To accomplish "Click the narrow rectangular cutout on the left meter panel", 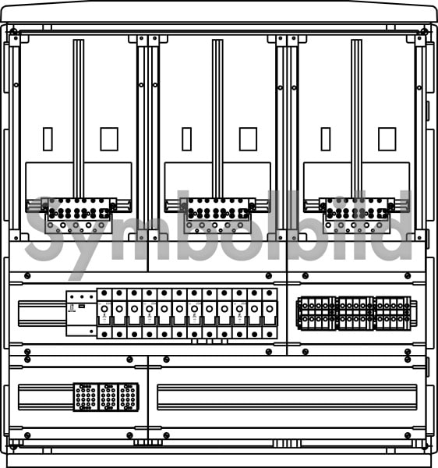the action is tap(48, 139).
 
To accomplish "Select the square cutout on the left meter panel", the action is tap(109, 139).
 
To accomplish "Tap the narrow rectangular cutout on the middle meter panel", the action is tap(186, 139).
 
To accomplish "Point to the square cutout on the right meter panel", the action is tap(387, 139).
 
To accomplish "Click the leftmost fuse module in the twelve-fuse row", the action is tap(104, 314).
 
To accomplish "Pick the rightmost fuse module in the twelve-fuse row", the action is tap(270, 314).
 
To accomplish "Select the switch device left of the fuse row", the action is tap(81, 314).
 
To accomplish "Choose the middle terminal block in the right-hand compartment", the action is tap(355, 314).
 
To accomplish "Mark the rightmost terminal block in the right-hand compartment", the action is tap(393, 314).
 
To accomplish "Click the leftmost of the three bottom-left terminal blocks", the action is tap(86, 397).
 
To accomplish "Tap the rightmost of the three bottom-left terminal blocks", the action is tap(129, 397).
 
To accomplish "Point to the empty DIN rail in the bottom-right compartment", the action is tap(287, 397).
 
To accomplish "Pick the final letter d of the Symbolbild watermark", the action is tap(394, 225).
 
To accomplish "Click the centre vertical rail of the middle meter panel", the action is tap(217, 119).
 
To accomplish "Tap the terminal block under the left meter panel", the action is tap(78, 215).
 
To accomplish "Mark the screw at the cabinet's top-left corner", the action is tap(12, 31).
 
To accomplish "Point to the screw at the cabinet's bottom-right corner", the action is tap(425, 447).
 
